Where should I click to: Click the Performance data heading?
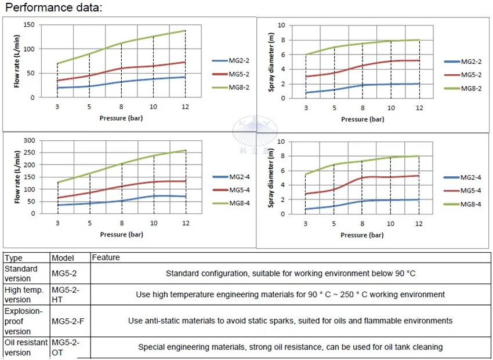[x=53, y=8]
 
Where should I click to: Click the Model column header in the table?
[x=63, y=257]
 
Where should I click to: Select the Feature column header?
[x=106, y=257]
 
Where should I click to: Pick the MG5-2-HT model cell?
[x=64, y=294]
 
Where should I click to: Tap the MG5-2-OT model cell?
[x=66, y=347]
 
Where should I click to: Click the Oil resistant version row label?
[x=26, y=347]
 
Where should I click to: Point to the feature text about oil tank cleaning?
[x=290, y=347]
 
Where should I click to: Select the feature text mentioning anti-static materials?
[x=290, y=321]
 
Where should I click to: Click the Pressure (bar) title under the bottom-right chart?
[x=362, y=235]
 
